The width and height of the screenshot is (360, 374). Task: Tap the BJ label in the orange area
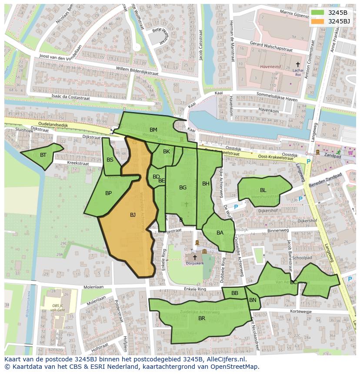(x=133, y=215)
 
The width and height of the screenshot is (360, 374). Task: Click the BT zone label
(x=43, y=155)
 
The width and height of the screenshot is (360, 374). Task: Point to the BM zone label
(x=153, y=130)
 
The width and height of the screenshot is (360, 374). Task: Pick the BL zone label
(x=263, y=190)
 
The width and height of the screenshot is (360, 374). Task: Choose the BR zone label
(x=202, y=318)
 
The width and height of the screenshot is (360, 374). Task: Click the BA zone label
(x=220, y=233)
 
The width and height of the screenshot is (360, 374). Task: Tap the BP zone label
(x=108, y=193)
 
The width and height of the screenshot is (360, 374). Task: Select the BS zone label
(x=110, y=160)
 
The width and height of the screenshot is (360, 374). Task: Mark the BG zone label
(x=183, y=188)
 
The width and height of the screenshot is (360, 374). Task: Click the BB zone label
(x=235, y=293)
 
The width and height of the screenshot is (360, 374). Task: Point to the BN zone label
(x=253, y=300)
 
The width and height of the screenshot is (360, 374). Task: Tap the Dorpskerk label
(x=194, y=263)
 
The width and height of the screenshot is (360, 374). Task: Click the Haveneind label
(x=270, y=67)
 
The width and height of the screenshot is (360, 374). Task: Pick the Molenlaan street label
(x=93, y=287)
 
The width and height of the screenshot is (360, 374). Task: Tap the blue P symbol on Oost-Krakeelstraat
(x=308, y=162)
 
